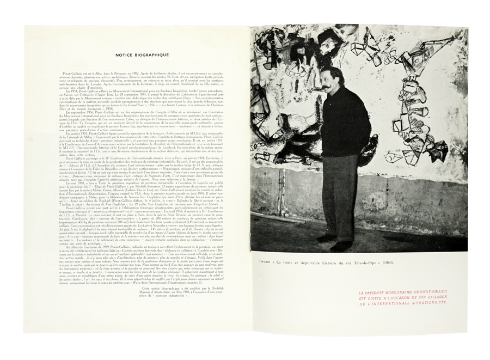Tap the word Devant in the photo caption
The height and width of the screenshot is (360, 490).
tap(268, 263)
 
